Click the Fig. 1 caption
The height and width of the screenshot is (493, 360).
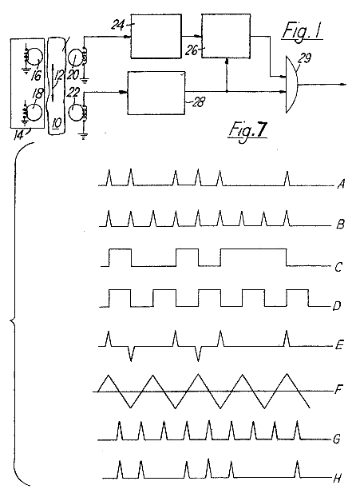coord(303,32)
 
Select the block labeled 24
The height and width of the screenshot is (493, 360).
coord(156,36)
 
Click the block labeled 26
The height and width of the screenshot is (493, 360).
coord(226,35)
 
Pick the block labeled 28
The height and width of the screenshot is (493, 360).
coord(156,93)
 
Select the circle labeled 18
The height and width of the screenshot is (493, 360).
coord(34,112)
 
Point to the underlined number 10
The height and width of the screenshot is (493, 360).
coord(56,124)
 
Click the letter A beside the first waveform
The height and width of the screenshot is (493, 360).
coord(341,184)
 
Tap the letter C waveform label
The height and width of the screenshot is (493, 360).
coord(338,267)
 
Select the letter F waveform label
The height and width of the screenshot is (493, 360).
coord(338,390)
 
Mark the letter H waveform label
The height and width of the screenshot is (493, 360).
coord(337,479)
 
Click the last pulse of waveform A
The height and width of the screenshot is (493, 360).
coord(287,178)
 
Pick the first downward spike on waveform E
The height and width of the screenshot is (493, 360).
coord(131,353)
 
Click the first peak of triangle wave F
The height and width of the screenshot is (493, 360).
coord(108,375)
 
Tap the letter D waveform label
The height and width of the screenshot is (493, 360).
coord(336,305)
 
